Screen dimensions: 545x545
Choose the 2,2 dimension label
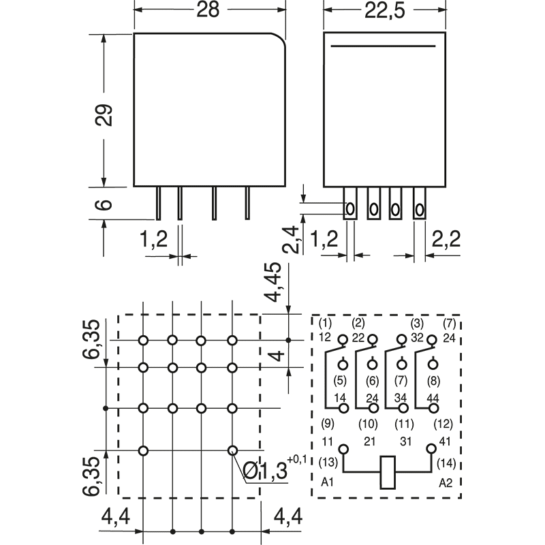tap(446, 239)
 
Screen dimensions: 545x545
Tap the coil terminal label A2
tap(445, 482)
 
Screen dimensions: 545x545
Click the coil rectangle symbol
tap(387, 469)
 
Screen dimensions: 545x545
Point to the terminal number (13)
tap(328, 463)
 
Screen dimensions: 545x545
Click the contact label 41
tap(445, 442)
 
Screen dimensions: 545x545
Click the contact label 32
tap(416, 337)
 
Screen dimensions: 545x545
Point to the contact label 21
tap(370, 442)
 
